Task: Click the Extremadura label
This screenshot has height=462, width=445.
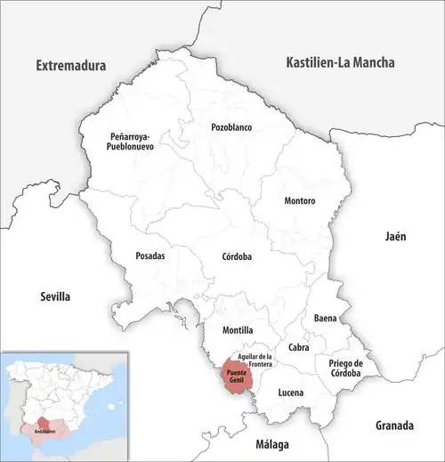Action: coord(70,66)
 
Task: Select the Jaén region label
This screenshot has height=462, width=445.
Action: coord(394,237)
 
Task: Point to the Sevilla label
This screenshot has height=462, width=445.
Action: coord(55,296)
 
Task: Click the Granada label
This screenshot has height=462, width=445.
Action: coord(395,424)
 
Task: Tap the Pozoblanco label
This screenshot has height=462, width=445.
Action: coord(231,127)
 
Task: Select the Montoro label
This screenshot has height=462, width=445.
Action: coord(299,201)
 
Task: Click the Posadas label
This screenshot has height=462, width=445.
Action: coord(150,255)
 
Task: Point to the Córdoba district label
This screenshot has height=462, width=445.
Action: coord(237,256)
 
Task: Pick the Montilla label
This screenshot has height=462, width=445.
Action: coord(225,330)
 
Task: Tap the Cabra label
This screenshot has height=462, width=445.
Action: coord(298,347)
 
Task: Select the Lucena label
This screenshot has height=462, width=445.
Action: coord(290,393)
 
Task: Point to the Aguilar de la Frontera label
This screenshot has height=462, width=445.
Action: coord(255,359)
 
